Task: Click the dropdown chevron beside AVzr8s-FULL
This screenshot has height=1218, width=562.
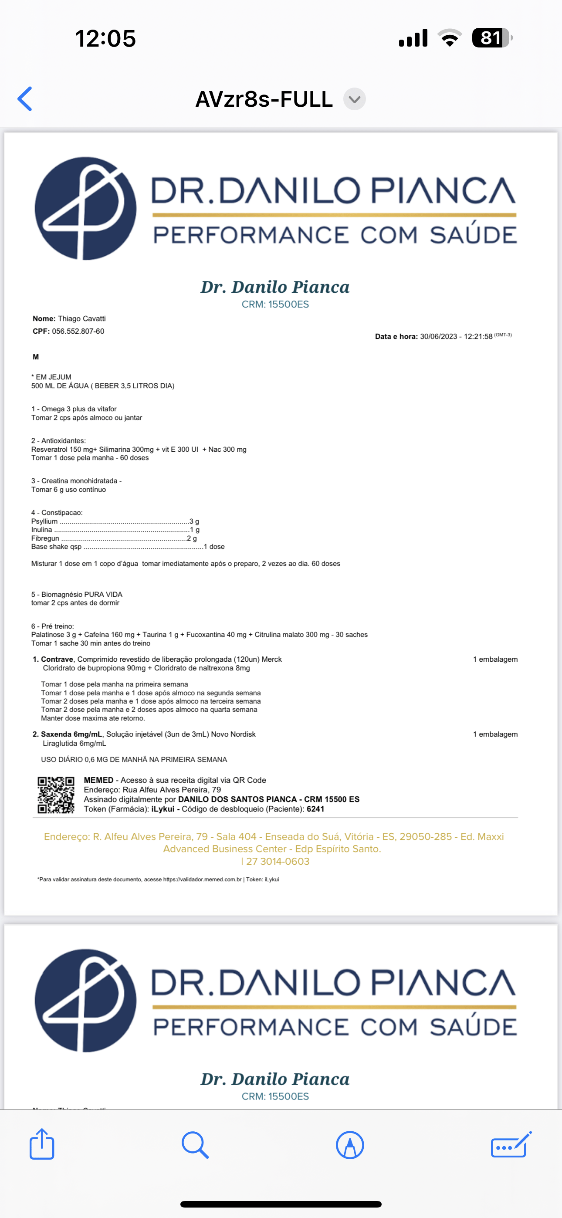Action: pos(354,99)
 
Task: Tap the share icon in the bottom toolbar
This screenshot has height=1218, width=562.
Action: pos(42,1144)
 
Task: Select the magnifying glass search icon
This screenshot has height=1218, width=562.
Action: pos(195,1145)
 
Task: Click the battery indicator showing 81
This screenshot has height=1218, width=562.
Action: pos(491,38)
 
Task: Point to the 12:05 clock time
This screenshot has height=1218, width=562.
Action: pos(105,38)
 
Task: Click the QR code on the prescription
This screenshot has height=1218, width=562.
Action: pos(56,795)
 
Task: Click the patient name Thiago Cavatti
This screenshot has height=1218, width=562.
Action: pos(82,319)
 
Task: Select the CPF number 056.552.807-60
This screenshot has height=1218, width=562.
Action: pos(78,332)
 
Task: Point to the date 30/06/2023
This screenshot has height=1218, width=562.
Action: pos(439,337)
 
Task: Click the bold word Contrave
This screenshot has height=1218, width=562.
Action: pos(57,659)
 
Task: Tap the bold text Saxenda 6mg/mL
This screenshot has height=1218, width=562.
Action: pos(71,734)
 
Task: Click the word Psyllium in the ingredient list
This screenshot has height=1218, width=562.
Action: pos(44,521)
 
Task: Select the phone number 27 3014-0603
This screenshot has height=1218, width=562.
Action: pos(278,862)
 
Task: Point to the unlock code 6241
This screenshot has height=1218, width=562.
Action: pos(315,809)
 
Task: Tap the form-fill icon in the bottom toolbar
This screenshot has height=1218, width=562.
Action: pos(511,1145)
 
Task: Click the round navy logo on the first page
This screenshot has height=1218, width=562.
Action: pos(86,209)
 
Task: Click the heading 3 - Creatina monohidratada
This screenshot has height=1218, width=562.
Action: pos(76,481)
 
